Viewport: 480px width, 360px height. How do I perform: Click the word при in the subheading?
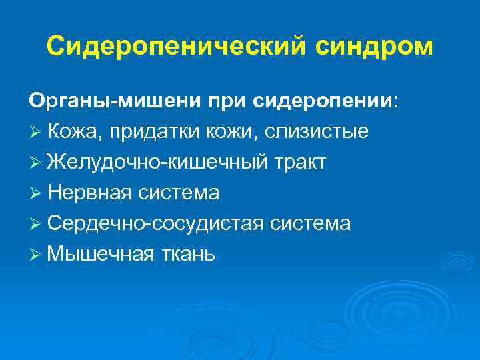coord(229,101)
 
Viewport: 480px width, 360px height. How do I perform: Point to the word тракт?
coord(299,162)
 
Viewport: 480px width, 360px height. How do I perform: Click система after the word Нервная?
coord(179,193)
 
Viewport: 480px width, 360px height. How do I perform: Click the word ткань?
coord(186,254)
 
